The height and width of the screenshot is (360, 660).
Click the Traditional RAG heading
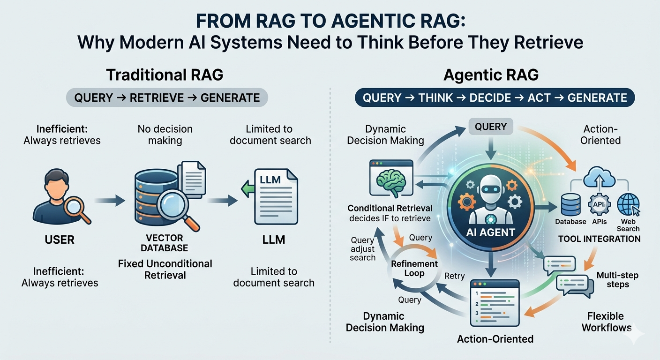tap(165, 75)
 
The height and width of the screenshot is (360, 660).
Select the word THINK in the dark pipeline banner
tap(435, 97)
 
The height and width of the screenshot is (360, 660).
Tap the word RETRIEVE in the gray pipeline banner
tap(157, 97)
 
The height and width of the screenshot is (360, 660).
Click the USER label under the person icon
tap(60, 240)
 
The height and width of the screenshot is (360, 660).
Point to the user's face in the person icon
tap(57, 188)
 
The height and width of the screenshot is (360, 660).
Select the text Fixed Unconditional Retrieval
tap(165, 269)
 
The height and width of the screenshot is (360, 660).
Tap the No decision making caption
tap(165, 135)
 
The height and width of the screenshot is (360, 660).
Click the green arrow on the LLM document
tap(247, 188)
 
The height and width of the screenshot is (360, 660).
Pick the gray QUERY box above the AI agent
tap(491, 127)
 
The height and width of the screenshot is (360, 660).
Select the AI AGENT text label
tap(491, 232)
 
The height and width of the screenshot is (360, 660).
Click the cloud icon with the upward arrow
tap(599, 177)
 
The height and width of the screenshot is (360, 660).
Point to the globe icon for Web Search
tap(629, 205)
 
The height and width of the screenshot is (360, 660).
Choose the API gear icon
tap(599, 204)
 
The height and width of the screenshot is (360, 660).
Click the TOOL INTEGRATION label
tap(600, 239)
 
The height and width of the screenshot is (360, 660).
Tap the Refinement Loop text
tap(414, 269)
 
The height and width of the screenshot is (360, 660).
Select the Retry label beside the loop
tap(454, 276)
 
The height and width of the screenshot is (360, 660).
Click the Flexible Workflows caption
tap(606, 322)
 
